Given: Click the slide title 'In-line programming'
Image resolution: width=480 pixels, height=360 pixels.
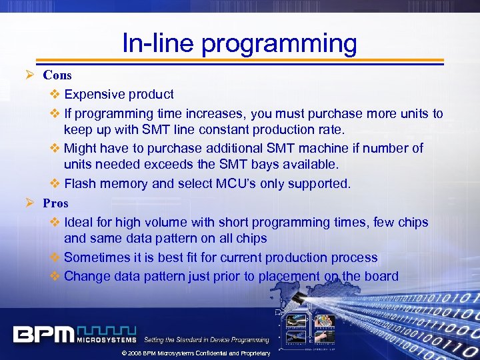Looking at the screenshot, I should [239, 43].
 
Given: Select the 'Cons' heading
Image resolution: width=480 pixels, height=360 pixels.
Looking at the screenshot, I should [57, 75].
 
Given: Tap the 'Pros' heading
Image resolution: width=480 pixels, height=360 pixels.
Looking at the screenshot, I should [55, 203].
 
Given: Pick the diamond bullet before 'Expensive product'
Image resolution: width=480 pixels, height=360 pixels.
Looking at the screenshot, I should [55, 95].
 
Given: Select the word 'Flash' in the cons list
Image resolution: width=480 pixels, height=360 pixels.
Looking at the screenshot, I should [79, 184].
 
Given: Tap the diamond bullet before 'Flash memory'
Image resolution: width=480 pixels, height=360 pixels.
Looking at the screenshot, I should [55, 184].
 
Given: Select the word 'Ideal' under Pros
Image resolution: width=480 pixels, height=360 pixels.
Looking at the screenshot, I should [79, 222].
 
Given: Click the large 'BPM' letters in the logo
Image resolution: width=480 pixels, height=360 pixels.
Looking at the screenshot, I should [44, 334].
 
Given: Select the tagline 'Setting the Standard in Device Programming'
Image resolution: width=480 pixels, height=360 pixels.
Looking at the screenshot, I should [207, 340].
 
